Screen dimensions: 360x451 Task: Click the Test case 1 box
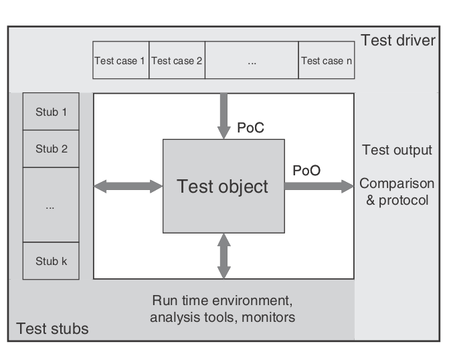point(120,61)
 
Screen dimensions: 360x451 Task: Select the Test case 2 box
point(177,61)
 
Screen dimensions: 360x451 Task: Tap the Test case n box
point(327,61)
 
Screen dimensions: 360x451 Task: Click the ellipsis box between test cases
point(252,61)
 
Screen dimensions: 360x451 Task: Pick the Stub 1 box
point(51,112)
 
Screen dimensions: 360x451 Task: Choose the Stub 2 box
point(51,149)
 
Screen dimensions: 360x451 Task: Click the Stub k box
point(51,261)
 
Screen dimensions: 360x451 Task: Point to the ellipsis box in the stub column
point(51,205)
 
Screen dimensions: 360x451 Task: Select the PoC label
point(252,127)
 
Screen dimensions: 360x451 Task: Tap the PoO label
point(306,170)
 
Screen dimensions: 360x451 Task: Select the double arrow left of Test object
point(128,187)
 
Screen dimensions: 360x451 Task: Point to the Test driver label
point(398,41)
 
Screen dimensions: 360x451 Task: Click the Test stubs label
point(52,329)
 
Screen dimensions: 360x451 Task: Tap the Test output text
point(397,150)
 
